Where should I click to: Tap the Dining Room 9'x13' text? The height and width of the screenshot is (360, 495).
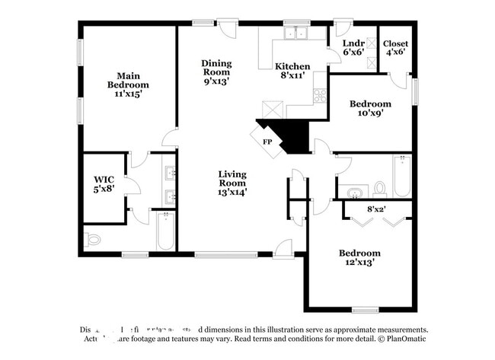216,72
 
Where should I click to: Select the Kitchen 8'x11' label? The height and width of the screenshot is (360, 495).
292,71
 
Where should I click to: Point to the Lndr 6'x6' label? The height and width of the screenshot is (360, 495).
353,48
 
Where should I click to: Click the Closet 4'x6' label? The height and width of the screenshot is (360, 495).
395,48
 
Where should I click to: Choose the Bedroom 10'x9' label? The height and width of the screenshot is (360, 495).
370,108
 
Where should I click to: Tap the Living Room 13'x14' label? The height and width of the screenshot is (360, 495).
232,183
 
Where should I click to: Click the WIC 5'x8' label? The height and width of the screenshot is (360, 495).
104,184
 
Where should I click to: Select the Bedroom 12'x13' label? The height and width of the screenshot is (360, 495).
360,257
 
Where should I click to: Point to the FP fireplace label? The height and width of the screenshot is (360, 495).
267,142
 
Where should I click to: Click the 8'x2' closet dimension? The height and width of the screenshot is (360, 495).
376,207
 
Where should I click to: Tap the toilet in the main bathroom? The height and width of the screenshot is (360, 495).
93,239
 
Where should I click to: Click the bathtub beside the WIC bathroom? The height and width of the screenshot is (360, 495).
165,231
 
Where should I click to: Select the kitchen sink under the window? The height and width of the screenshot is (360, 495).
293,33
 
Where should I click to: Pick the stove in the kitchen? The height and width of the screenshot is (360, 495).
319,96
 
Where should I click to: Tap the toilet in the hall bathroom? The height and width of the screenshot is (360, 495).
379,189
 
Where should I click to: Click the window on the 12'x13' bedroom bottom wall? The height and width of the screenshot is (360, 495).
365,310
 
